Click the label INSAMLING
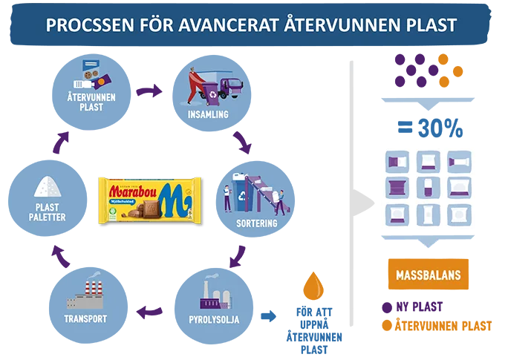click(208, 115)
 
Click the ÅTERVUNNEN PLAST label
click(91, 102)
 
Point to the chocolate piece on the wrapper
click(147, 214)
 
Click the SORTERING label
click(256, 223)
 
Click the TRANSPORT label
click(85, 319)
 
